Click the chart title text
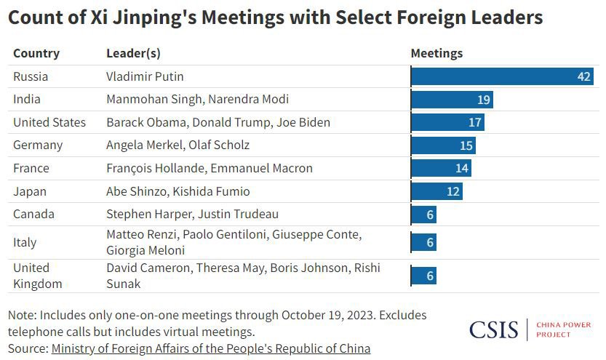pyautogui.click(x=275, y=18)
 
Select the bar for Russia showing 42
pyautogui.click(x=502, y=76)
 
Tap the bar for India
pyautogui.click(x=452, y=100)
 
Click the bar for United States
pyautogui.click(x=447, y=122)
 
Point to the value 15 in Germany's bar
pyautogui.click(x=466, y=145)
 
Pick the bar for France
pyautogui.click(x=441, y=168)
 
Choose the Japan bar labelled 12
pyautogui.click(x=436, y=191)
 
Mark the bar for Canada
pyautogui.click(x=423, y=215)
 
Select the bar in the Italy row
pyautogui.click(x=423, y=242)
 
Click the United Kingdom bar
pyautogui.click(x=423, y=276)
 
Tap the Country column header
pyautogui.click(x=36, y=53)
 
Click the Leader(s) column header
pyautogui.click(x=133, y=53)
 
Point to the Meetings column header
pyautogui.click(x=436, y=53)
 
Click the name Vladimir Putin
pyautogui.click(x=145, y=76)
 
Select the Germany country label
pyautogui.click(x=38, y=145)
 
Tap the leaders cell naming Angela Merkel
pyautogui.click(x=178, y=145)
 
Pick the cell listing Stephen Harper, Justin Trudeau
pyautogui.click(x=192, y=214)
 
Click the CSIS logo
pyautogui.click(x=493, y=329)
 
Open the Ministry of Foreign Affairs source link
pyautogui.click(x=210, y=348)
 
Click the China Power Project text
pyautogui.click(x=563, y=329)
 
